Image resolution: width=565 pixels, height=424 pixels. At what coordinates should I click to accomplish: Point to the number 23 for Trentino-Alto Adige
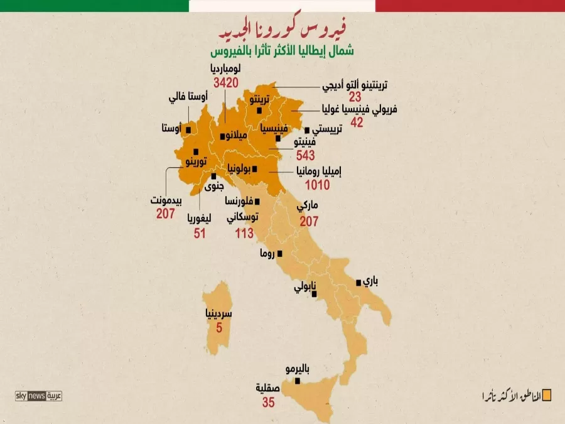coord(355,97)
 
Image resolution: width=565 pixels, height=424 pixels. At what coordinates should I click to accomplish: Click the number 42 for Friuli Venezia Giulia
coord(357,122)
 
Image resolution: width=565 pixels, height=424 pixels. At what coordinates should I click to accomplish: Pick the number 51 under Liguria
coord(200,234)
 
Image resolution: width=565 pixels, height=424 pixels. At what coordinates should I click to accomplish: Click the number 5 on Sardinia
coord(219,327)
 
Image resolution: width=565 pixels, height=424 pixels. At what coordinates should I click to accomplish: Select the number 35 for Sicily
coord(268,403)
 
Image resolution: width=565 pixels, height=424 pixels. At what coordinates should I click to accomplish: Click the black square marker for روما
coord(280,254)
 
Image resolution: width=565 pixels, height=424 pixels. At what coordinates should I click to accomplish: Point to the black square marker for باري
coord(358,283)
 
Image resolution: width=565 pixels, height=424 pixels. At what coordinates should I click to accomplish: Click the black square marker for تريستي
coord(307,130)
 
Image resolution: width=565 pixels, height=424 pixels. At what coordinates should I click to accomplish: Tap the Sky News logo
coord(38,396)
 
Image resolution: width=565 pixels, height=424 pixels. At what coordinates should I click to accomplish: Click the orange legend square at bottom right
coord(546,395)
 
